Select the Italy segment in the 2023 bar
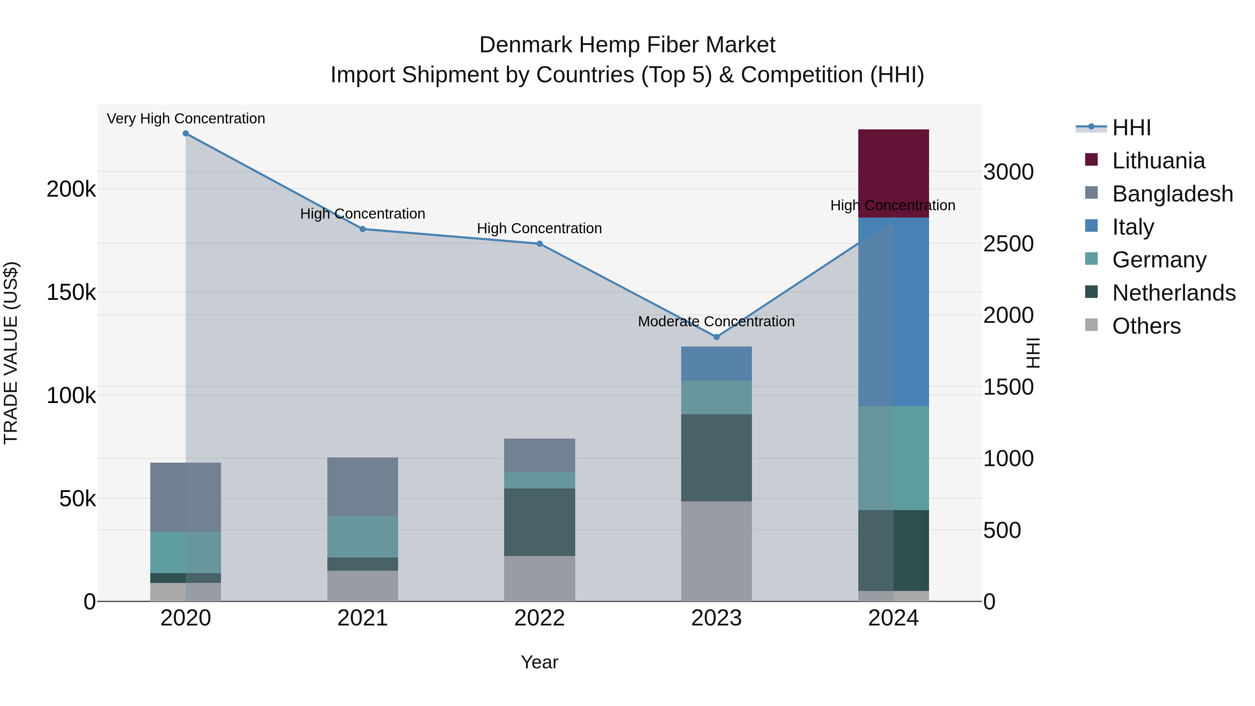click(716, 364)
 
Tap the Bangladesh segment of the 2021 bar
click(363, 486)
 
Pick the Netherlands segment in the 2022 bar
click(539, 522)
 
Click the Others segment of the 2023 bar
click(716, 551)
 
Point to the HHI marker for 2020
click(185, 134)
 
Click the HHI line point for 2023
click(716, 337)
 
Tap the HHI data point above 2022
click(539, 244)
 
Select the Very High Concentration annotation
click(185, 119)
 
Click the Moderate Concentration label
click(716, 321)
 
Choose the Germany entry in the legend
click(1159, 260)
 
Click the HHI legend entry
click(1131, 128)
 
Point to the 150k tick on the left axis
click(71, 293)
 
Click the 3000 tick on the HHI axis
click(1008, 172)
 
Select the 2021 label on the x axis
click(363, 618)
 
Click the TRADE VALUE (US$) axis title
click(11, 353)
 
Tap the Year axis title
click(539, 662)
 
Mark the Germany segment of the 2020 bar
click(185, 552)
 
